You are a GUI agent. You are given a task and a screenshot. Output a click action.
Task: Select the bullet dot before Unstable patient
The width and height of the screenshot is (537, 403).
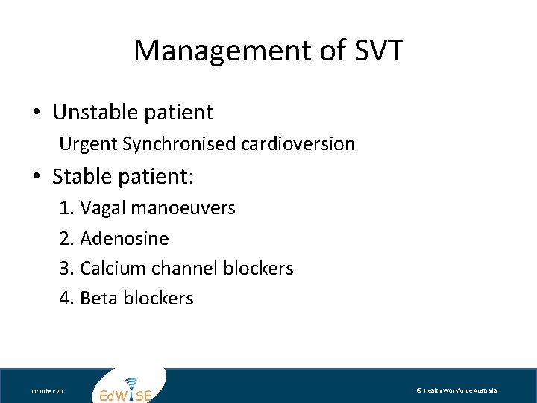(x=37, y=113)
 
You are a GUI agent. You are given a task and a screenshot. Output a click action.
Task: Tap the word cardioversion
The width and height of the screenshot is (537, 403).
(x=298, y=143)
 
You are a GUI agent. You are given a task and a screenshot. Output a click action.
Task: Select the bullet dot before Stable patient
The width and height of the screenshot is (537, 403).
(x=37, y=178)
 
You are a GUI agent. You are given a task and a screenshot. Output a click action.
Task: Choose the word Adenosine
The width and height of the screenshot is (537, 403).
(x=124, y=239)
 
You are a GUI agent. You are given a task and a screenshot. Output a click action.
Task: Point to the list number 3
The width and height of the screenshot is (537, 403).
(x=65, y=269)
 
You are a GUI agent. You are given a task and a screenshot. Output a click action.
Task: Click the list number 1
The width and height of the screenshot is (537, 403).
(x=65, y=208)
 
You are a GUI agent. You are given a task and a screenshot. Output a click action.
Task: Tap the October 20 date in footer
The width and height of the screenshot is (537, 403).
(x=48, y=391)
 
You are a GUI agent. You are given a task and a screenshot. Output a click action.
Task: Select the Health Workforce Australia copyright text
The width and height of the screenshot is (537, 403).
(x=456, y=390)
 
